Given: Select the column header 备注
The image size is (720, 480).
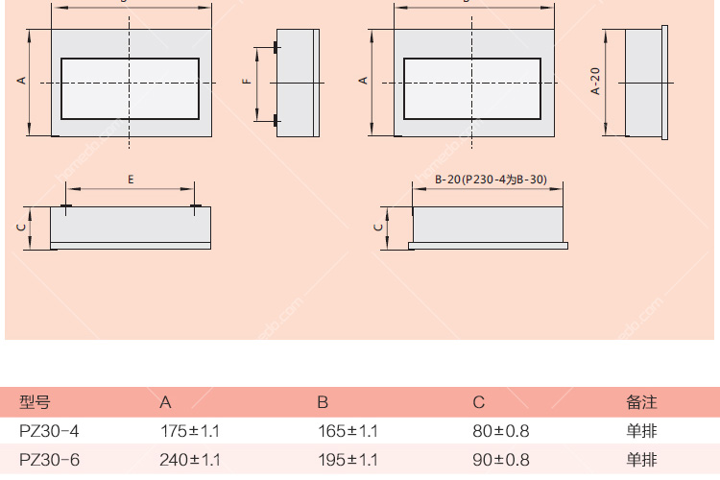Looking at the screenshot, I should point(641,402).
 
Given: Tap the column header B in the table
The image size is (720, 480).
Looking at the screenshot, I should point(323,402).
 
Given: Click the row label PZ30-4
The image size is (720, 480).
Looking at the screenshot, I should point(49,431).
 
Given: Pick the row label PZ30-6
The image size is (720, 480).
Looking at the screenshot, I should point(49,460).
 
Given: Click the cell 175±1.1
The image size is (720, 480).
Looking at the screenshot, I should point(189,431).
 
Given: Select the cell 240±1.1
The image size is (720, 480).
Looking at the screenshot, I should point(189,460).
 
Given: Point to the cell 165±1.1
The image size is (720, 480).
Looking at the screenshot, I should point(348,431).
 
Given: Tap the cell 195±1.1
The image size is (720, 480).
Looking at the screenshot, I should point(348,460).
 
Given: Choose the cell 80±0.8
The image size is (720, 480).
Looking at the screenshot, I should point(501,431).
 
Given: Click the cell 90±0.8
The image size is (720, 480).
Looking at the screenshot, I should point(501,460).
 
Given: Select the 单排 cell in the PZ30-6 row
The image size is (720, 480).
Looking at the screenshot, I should point(641,460).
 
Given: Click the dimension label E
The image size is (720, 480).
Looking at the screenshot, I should point(131,180).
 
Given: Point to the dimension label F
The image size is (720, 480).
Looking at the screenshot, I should point(246,83).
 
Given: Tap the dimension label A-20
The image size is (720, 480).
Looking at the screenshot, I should point(595,83).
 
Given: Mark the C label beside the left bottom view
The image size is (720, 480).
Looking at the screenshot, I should point(21,228).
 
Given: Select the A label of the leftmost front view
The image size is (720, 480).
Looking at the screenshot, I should point(21,83).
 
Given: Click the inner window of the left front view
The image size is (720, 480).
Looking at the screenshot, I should point(130,88).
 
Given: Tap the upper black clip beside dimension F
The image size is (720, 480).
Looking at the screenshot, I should point(276,47).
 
